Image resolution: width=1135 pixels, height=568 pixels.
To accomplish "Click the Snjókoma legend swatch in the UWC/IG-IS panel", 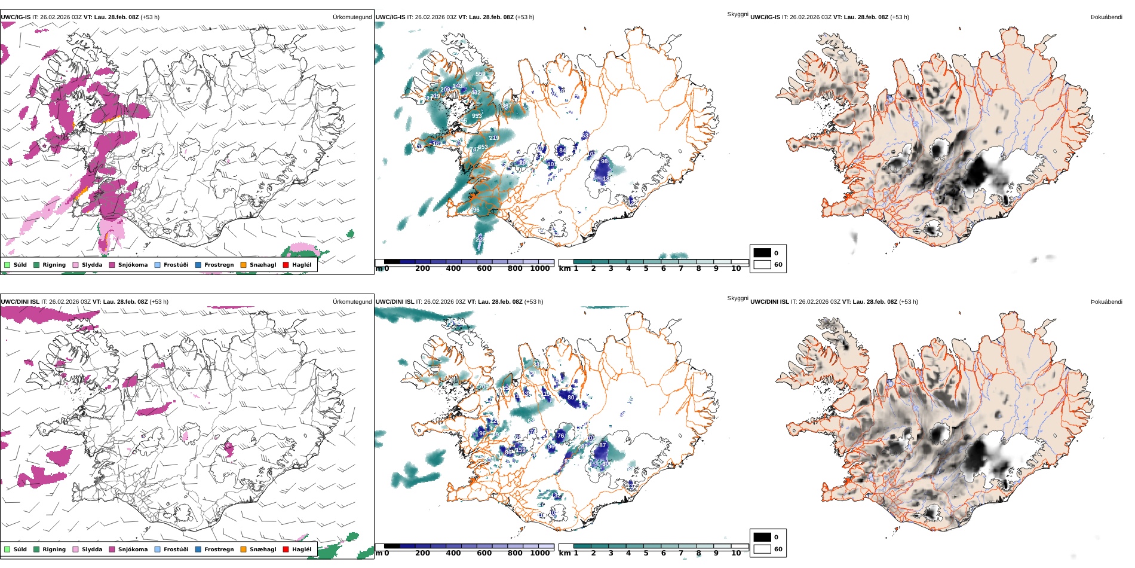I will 112,265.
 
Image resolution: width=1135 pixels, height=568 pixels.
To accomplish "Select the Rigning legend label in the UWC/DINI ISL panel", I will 54,549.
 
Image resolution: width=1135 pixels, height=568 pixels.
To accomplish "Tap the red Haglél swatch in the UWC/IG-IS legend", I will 286,265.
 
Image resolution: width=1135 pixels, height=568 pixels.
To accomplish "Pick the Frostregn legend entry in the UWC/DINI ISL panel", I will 219,549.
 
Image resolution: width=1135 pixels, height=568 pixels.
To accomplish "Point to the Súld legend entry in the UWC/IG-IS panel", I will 20,265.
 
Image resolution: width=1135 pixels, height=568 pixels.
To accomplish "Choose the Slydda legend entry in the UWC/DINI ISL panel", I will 92,549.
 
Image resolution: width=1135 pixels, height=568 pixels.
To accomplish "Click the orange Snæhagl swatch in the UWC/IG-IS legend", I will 243,265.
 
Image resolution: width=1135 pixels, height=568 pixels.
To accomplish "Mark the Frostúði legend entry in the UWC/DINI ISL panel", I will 176,549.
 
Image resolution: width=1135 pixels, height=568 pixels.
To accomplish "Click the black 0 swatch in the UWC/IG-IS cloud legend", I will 762,253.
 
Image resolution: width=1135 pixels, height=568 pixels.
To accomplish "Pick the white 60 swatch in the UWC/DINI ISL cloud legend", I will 762,549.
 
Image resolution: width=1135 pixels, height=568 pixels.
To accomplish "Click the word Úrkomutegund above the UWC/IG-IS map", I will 352,17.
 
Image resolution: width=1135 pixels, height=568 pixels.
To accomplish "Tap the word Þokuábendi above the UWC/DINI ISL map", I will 1106,302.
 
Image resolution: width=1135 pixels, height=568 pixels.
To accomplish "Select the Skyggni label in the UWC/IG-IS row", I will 737,14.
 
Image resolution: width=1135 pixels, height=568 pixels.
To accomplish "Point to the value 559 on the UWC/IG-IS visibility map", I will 480,75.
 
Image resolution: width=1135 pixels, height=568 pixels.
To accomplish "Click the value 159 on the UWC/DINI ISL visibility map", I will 520,450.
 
